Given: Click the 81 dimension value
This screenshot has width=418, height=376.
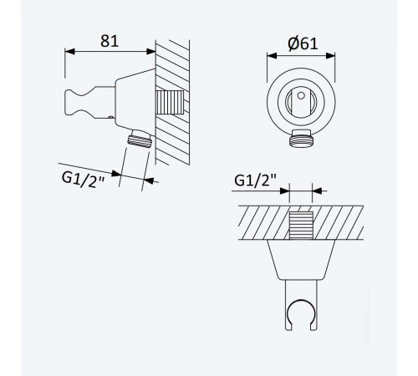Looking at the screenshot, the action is pos(110,41).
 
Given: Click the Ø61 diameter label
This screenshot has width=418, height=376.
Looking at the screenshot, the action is pos(303,43).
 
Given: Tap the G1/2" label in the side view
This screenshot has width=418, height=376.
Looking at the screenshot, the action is pos(83,180).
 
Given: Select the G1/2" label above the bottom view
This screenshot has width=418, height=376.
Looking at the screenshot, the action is pos(255,180).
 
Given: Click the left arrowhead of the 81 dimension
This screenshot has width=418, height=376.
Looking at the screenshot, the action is pos(70,51).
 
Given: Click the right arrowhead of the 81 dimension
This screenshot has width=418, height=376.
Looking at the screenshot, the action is pos(150,51).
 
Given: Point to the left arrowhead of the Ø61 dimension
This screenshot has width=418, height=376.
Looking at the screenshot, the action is pos(272,56).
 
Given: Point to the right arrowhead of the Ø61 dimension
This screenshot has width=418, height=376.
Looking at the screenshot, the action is pos(330,56).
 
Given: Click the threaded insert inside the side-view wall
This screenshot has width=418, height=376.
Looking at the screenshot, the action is pos(170,102).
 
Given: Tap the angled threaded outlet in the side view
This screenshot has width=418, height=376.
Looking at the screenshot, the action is pos(140,139).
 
